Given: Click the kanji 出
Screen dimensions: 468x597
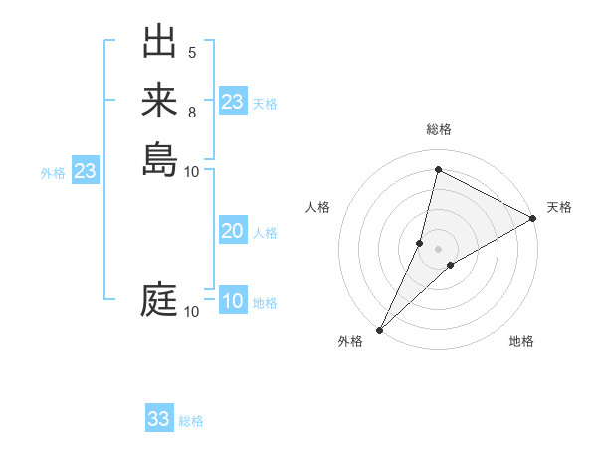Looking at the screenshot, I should (159, 45).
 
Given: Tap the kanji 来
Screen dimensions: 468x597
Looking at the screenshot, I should (159, 102).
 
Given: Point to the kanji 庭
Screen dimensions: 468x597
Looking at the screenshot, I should (159, 300).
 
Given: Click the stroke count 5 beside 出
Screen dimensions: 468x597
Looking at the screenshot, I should (192, 53).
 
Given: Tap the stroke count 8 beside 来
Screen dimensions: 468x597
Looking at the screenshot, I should (192, 112).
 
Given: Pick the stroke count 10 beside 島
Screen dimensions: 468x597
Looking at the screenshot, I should (192, 171).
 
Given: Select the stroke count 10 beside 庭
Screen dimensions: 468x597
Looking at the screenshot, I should (192, 312).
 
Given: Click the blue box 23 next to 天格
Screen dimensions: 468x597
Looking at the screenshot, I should (232, 102).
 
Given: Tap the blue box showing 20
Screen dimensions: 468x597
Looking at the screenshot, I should (232, 231).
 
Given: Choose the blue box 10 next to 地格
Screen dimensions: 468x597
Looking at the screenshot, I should (232, 302).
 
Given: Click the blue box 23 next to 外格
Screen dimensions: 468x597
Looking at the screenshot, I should (85, 171).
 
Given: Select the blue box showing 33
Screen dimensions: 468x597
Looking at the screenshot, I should (159, 419).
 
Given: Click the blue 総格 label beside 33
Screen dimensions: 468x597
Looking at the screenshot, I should (191, 421).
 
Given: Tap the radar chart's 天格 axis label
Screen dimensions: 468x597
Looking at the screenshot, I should (559, 207).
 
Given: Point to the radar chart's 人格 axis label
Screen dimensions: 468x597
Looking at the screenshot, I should (317, 207).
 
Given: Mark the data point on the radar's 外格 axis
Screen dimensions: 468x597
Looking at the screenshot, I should (379, 330).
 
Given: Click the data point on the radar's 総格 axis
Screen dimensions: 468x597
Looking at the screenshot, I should (438, 170).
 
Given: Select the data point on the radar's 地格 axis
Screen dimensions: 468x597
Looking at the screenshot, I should (451, 265).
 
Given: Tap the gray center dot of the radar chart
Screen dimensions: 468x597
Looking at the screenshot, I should (438, 248).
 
